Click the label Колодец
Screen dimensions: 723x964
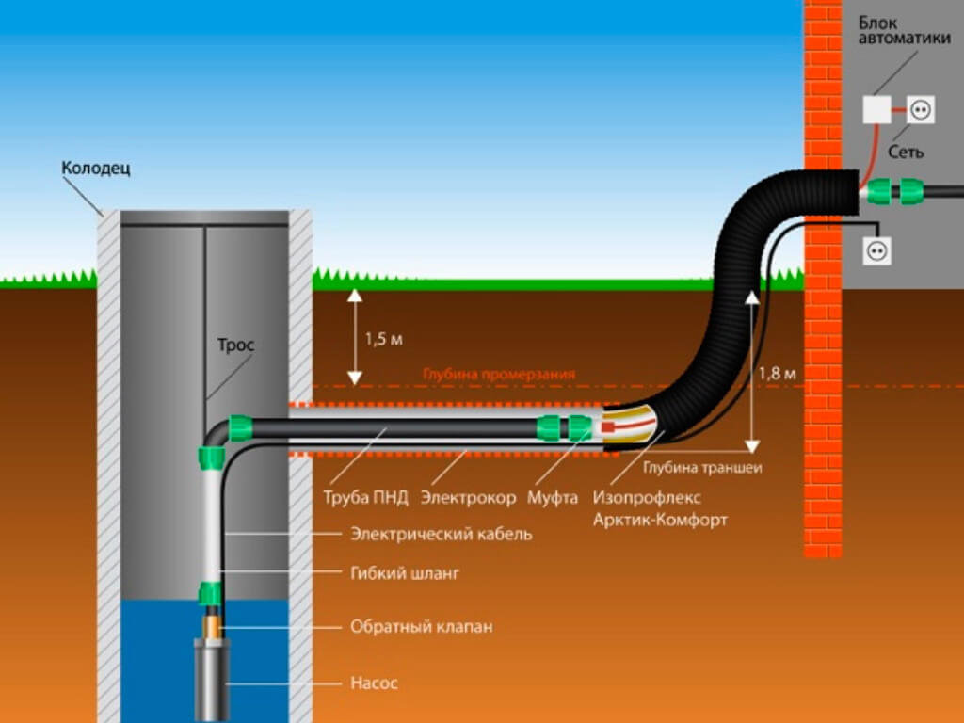tap(96, 169)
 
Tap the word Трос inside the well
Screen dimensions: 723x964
tap(236, 345)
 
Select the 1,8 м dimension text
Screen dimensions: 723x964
tap(778, 374)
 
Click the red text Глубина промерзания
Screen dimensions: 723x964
tap(499, 374)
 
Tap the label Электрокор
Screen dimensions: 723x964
tap(468, 497)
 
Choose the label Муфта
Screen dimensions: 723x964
tap(553, 497)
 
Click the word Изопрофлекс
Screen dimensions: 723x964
tap(648, 497)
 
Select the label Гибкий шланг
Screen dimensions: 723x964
tap(405, 572)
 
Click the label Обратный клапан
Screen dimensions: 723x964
tap(421, 626)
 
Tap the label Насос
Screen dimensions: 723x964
tap(374, 683)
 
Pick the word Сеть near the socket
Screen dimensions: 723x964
tap(906, 151)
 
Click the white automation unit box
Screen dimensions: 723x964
tap(876, 110)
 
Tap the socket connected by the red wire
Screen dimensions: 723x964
tap(920, 110)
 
